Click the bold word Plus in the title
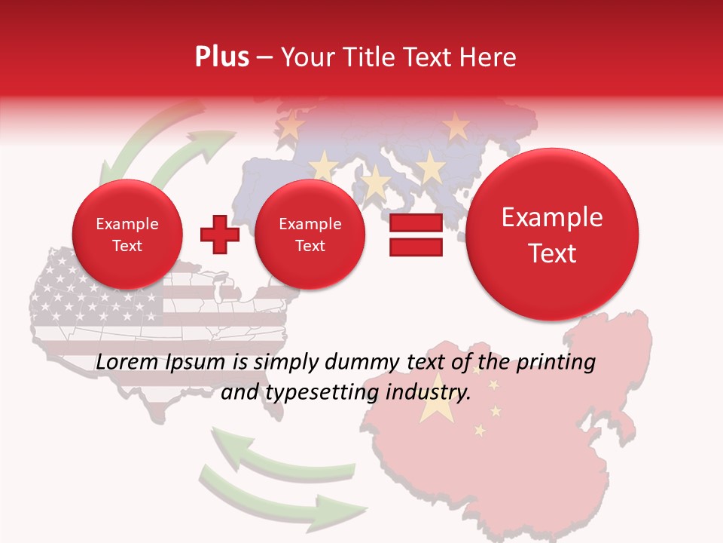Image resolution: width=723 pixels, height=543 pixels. (222, 57)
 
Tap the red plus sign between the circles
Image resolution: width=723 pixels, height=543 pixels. (220, 235)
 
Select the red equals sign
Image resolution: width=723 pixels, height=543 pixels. (416, 235)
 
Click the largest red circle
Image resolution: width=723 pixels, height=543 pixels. (552, 235)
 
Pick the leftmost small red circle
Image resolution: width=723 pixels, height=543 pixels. (127, 235)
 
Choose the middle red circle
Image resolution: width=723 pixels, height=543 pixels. (310, 235)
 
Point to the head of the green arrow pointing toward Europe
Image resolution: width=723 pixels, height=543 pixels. (200, 140)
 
